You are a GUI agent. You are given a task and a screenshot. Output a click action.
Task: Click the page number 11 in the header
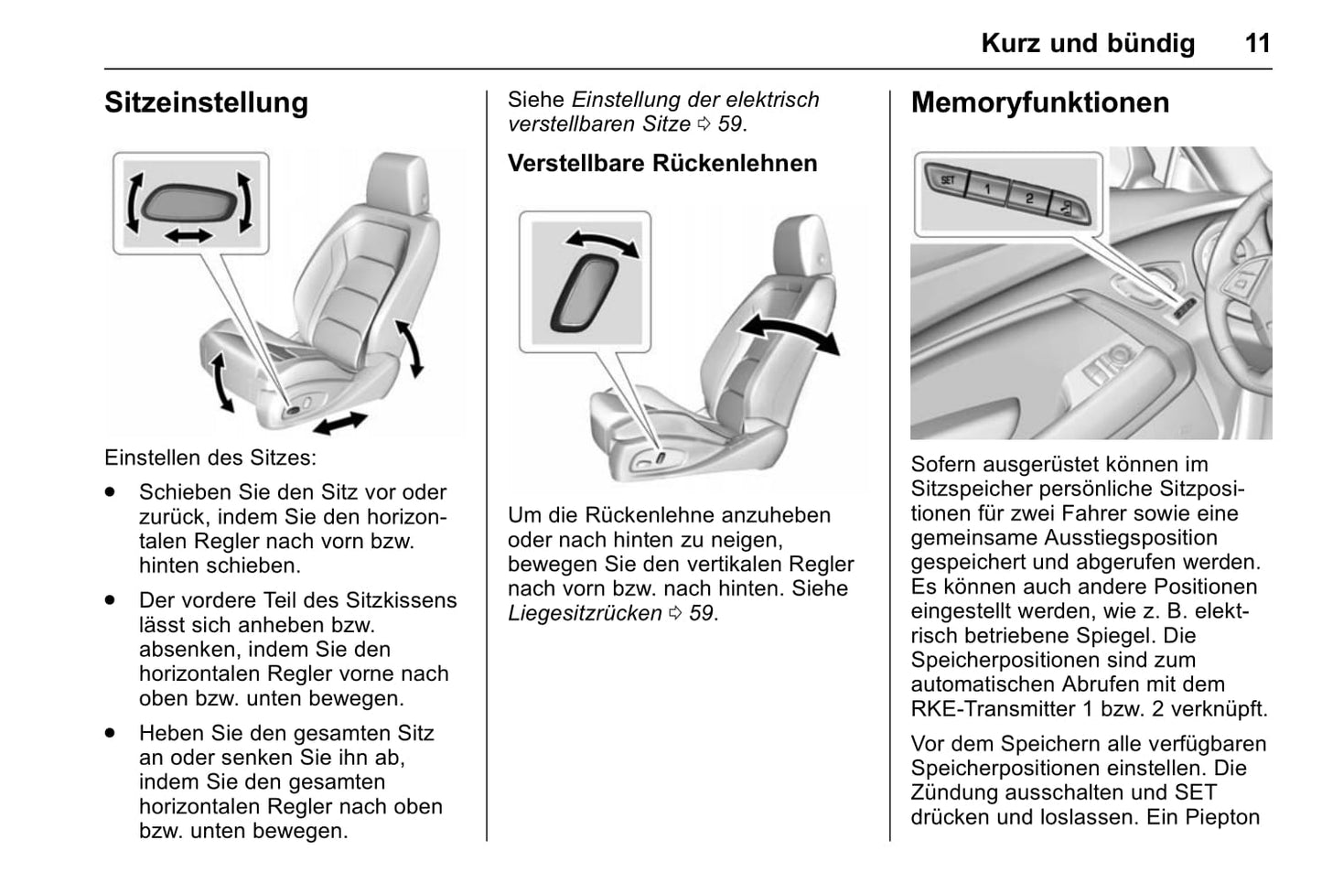point(1257,43)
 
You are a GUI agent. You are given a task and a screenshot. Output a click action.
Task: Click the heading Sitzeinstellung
point(206,102)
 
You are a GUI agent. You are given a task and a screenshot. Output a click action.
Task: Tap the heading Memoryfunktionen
point(1039,102)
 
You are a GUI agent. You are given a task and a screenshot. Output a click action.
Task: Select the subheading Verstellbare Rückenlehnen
point(662,164)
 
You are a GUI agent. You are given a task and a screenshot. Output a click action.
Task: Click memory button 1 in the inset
point(987,188)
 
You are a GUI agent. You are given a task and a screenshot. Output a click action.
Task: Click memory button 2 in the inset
point(1028,198)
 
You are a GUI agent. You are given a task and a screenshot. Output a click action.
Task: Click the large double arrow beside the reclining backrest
point(789,332)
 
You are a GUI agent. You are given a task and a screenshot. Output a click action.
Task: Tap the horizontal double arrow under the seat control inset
point(188,236)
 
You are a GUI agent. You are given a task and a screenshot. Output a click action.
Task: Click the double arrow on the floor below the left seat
point(339,423)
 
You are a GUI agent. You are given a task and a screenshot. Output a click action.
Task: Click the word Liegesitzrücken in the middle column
point(585,613)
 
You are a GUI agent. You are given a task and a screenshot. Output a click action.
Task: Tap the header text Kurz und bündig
point(1087,43)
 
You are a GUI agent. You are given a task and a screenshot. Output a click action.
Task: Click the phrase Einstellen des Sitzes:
point(210,458)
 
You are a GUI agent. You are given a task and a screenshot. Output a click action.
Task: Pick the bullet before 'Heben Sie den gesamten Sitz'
point(111,734)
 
